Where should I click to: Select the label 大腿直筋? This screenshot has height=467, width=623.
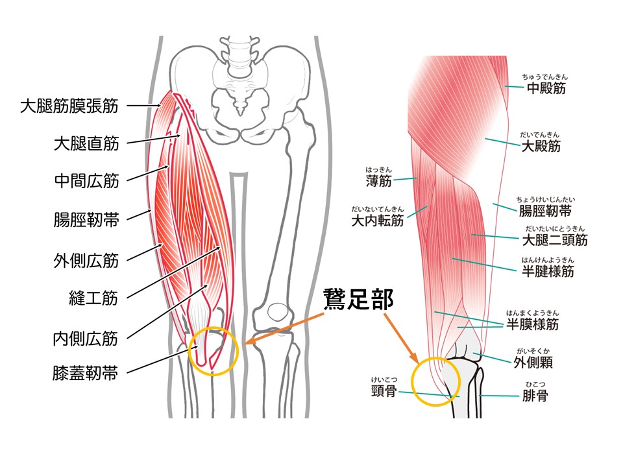[x=86, y=143]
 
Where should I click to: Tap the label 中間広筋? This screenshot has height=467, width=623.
[x=86, y=181]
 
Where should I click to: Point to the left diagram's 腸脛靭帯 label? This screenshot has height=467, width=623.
[x=86, y=219]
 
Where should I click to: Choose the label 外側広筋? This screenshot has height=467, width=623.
[x=86, y=260]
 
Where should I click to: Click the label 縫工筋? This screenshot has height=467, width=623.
[x=93, y=298]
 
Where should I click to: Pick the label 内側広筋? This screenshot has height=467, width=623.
[x=86, y=337]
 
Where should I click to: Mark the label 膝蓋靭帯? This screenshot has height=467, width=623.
[x=86, y=374]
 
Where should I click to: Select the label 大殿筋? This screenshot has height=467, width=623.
[x=541, y=145]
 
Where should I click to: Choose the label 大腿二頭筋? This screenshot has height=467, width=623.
[x=555, y=240]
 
